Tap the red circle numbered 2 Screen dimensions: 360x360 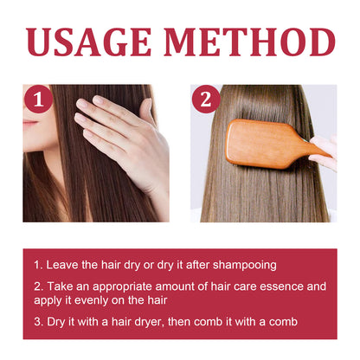(x=205, y=99)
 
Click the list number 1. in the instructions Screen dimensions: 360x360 (x=38, y=263)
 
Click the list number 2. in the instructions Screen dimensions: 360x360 (x=38, y=285)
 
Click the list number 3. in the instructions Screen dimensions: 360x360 (x=38, y=321)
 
